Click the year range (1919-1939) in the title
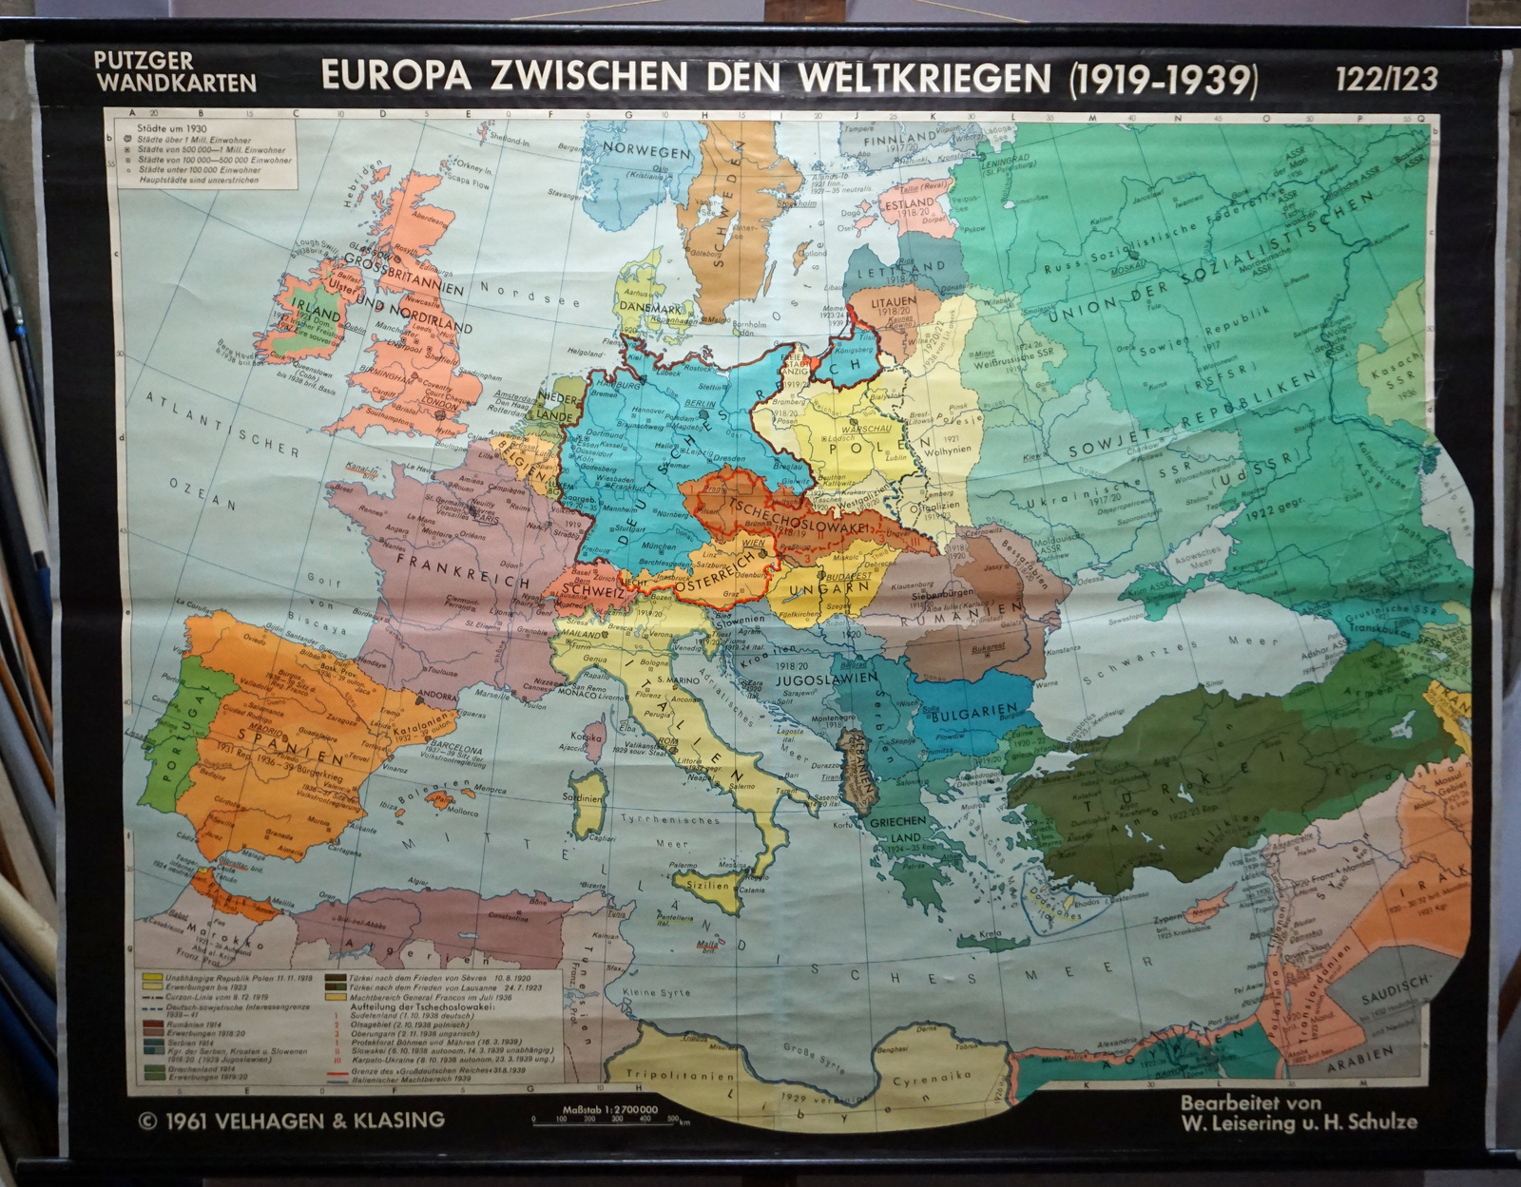click(x=1162, y=79)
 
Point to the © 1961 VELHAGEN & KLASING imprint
click(x=291, y=1119)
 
